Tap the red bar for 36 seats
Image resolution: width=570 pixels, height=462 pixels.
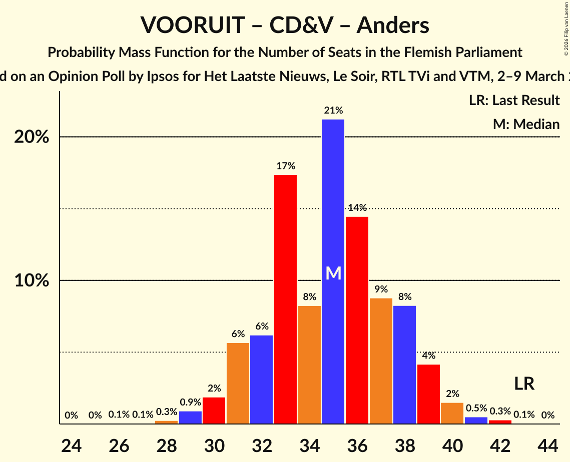tap(357, 320)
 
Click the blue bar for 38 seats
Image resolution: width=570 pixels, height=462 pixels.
tap(404, 364)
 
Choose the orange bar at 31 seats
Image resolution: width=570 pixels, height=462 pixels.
tap(238, 383)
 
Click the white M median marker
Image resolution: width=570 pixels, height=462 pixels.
tap(333, 273)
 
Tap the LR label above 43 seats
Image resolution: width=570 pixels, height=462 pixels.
tap(524, 383)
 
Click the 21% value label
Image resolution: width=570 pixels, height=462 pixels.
tap(333, 110)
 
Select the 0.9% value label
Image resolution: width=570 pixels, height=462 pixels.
tap(190, 402)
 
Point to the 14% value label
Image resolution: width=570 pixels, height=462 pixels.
tap(357, 208)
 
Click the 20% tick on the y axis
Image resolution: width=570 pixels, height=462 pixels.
tap(32, 137)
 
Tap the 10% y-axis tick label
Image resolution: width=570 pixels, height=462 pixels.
tap(32, 281)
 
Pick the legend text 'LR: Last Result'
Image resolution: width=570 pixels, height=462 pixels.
tap(514, 100)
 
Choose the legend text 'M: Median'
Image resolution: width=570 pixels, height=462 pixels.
tap(526, 124)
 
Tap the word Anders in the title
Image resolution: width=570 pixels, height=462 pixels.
tap(393, 25)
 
